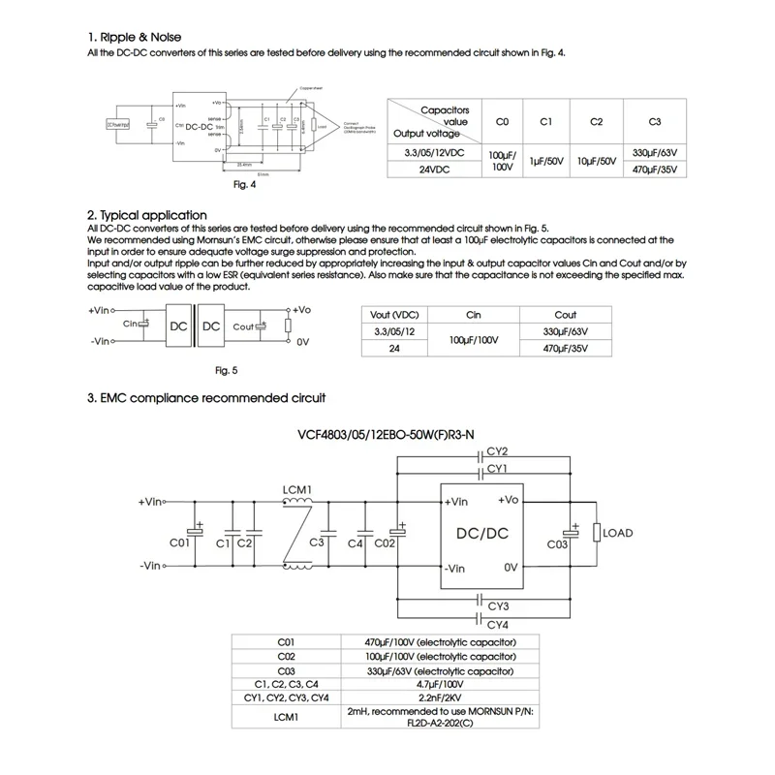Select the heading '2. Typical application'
coord(147,215)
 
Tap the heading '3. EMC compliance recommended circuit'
coord(205,397)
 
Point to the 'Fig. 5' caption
coord(225,370)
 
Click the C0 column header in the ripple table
coord(502,122)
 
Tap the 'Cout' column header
coord(566,315)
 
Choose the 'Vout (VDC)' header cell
coord(393,315)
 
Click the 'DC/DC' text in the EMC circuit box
coord(482,534)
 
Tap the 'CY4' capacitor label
coord(498,624)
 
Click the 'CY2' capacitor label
coord(498,450)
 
